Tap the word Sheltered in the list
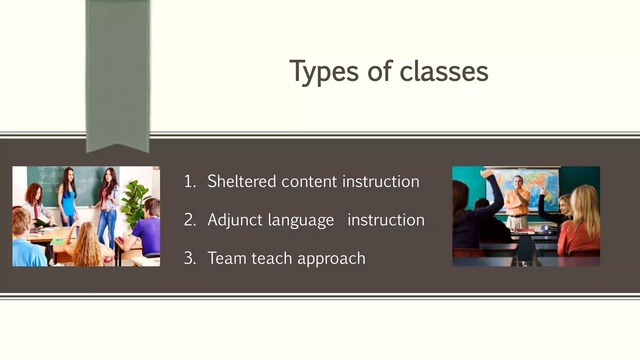tap(242, 181)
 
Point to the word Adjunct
tap(235, 220)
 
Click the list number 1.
tap(189, 182)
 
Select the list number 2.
tap(189, 220)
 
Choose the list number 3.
tap(189, 258)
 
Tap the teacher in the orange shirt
tap(517, 203)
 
